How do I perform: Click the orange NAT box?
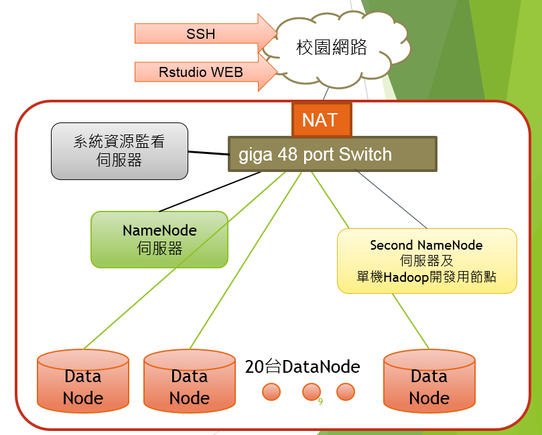click(x=320, y=119)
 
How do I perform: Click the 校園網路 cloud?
click(x=332, y=48)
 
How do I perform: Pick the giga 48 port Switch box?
click(x=332, y=155)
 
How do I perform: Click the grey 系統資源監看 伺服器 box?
click(x=119, y=151)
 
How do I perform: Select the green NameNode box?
click(x=159, y=240)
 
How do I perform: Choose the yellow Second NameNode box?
click(x=427, y=261)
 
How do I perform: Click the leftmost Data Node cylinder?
click(x=82, y=381)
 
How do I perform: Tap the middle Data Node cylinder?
click(x=189, y=381)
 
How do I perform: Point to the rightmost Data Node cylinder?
click(x=429, y=381)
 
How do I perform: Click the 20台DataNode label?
click(x=303, y=367)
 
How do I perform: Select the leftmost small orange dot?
click(x=271, y=391)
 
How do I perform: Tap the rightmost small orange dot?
click(x=345, y=391)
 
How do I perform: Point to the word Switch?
click(x=365, y=155)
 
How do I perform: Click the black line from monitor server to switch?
click(x=208, y=153)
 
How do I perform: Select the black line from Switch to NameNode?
click(x=208, y=191)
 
